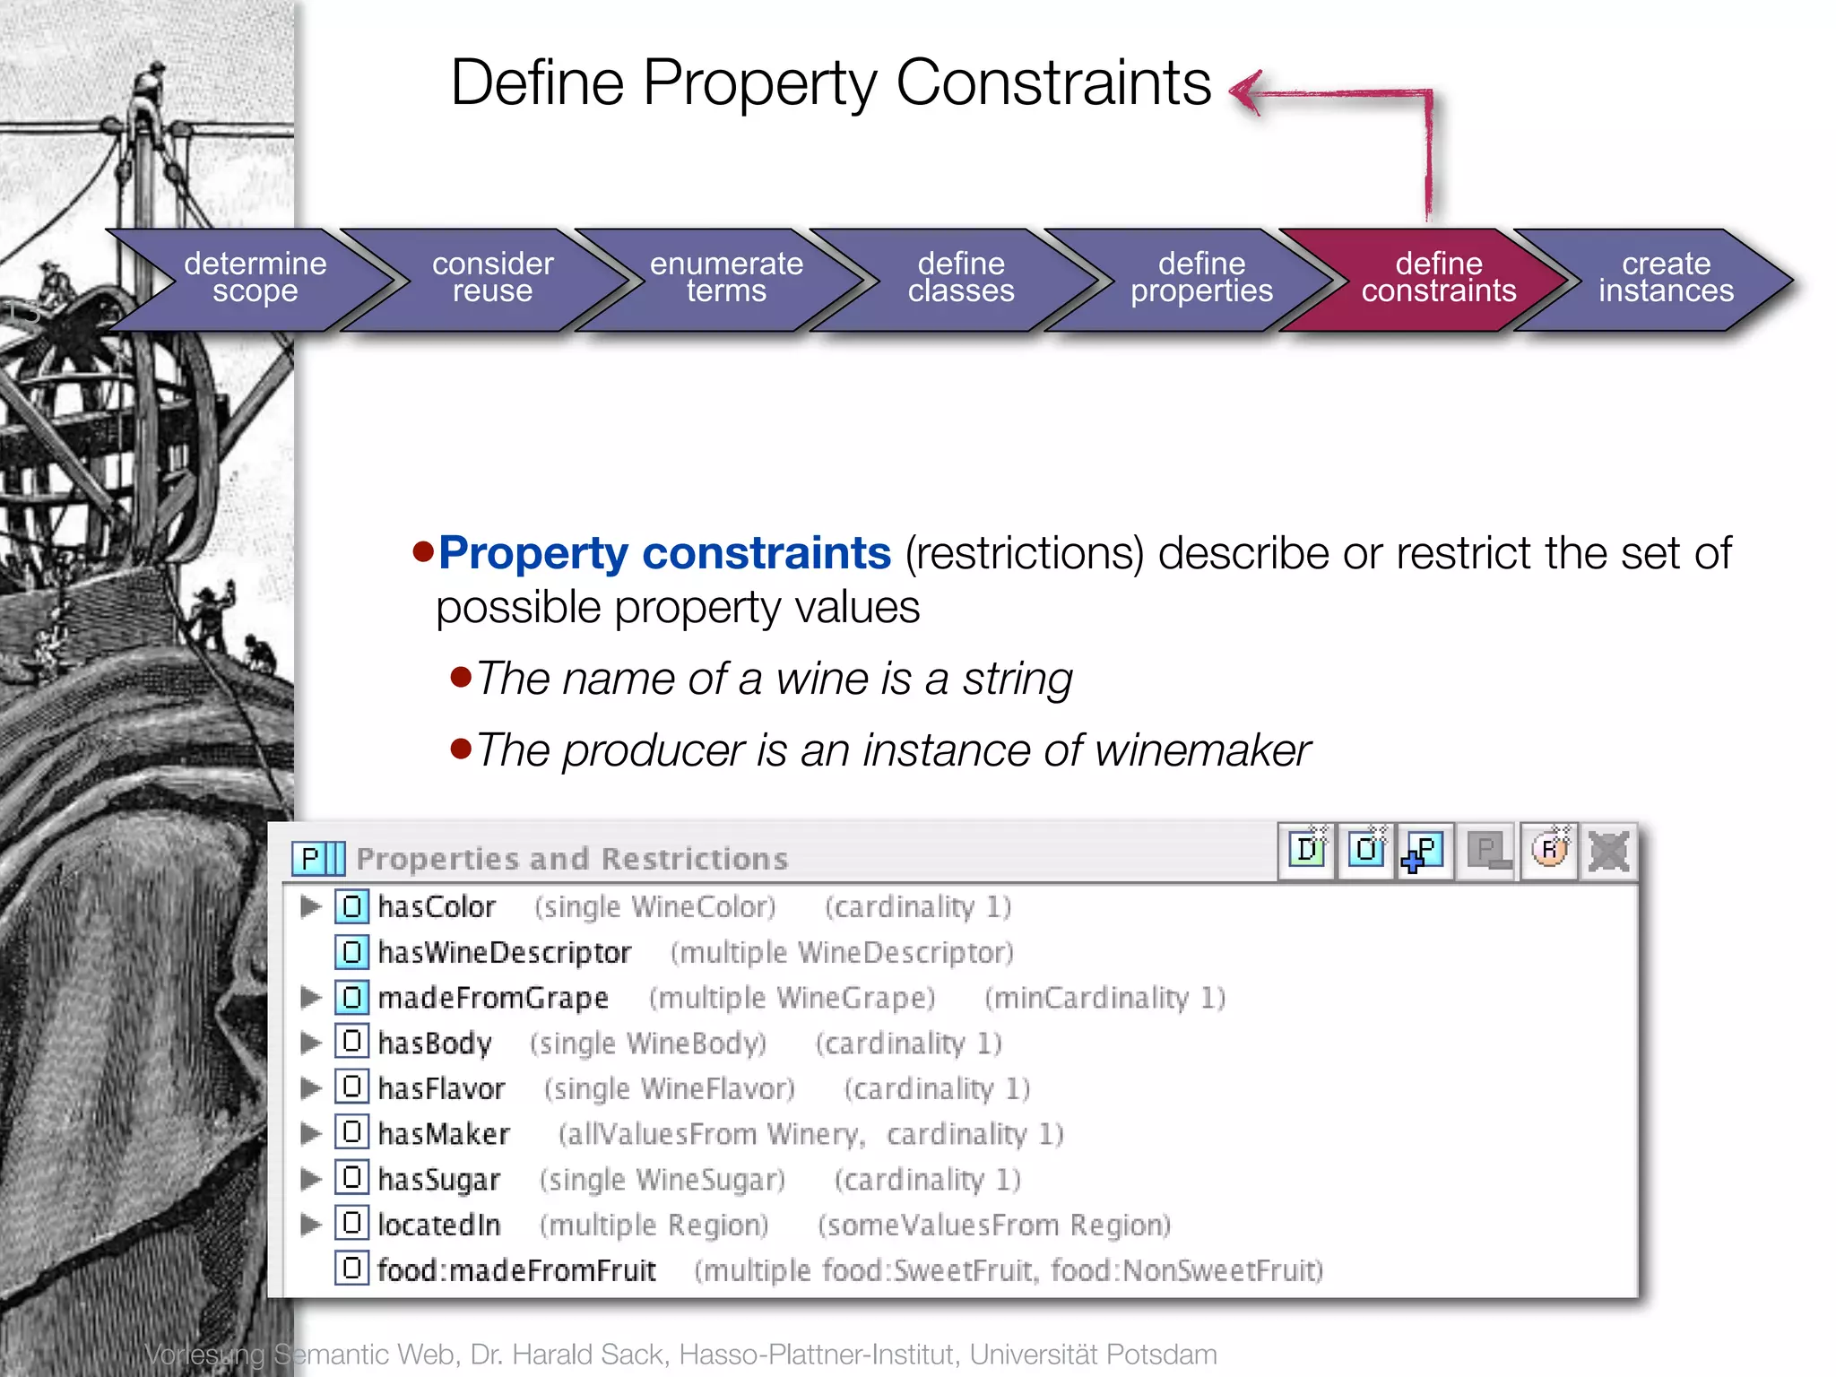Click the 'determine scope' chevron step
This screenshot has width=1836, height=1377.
(255, 278)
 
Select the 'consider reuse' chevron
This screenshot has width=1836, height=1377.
(492, 278)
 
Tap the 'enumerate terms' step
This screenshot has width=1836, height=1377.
(726, 278)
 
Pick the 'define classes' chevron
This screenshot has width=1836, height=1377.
(960, 278)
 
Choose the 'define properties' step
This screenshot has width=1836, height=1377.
(1200, 278)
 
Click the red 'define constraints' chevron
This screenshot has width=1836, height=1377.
(1438, 278)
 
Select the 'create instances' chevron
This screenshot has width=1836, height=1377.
(1666, 278)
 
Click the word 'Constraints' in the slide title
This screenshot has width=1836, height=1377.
(1053, 83)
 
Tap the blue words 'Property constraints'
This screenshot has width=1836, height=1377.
(664, 553)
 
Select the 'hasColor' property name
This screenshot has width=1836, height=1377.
(437, 907)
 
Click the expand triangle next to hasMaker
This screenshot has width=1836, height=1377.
(310, 1134)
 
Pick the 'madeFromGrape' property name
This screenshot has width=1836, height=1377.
(493, 998)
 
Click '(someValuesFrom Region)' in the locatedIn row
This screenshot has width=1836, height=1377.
(994, 1225)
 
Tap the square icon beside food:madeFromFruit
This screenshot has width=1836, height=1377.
(351, 1269)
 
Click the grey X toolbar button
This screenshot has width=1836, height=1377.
(1608, 851)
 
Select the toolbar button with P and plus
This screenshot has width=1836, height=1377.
(1424, 851)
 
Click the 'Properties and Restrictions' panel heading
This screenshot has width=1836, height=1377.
(572, 859)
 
